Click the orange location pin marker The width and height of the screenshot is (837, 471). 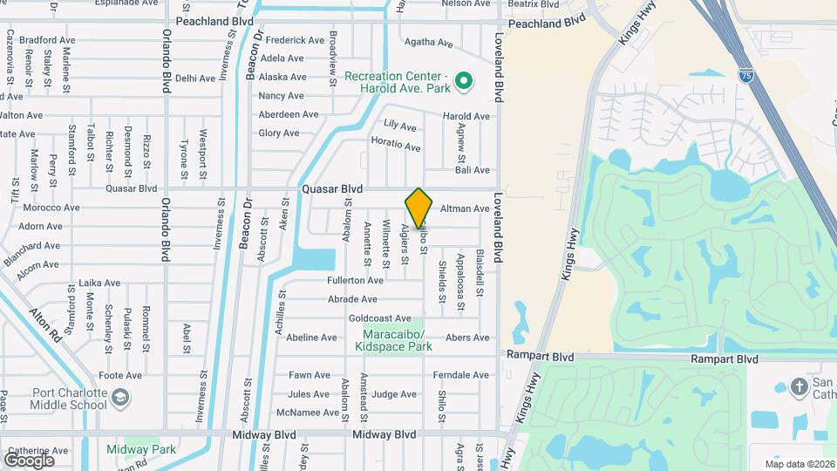click(418, 208)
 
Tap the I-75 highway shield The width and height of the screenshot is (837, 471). click(745, 77)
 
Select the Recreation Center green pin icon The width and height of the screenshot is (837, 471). click(465, 82)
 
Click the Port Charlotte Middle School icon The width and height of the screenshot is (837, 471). click(119, 399)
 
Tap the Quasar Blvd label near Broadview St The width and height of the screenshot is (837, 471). click(331, 188)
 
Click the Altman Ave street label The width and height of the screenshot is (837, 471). click(465, 208)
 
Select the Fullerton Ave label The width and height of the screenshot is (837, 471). click(355, 281)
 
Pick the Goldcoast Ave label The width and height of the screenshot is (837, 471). click(379, 319)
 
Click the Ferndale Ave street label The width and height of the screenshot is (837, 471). click(461, 375)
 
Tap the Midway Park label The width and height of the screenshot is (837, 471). click(141, 450)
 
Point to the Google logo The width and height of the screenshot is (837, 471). click(29, 460)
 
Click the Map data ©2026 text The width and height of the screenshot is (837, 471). click(799, 464)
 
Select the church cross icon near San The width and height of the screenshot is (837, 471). click(800, 386)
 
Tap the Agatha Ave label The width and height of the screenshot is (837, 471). click(429, 42)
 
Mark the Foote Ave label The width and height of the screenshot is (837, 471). click(120, 376)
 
